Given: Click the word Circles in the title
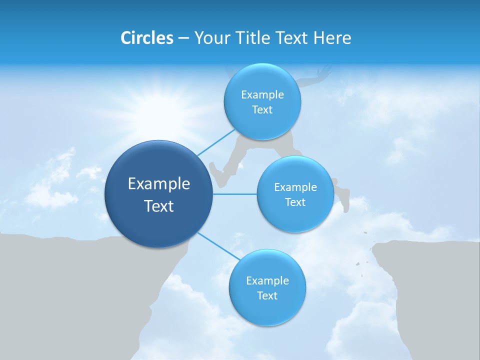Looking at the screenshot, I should [x=146, y=38].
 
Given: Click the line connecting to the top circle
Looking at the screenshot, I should [x=216, y=142].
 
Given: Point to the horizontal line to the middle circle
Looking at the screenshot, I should [x=235, y=194].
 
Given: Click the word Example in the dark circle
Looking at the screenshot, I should [x=159, y=184].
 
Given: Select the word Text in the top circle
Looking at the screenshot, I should [x=262, y=110].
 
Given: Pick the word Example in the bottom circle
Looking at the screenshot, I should [x=267, y=281].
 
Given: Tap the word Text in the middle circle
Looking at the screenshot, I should [x=295, y=202].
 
